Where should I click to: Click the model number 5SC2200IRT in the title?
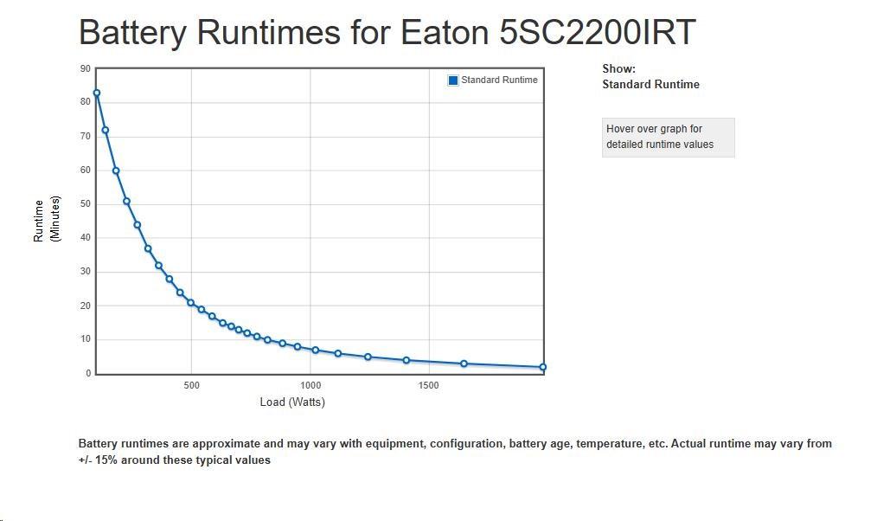pyautogui.click(x=597, y=32)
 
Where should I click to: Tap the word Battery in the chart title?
pyautogui.click(x=132, y=33)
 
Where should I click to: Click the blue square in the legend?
pyautogui.click(x=453, y=80)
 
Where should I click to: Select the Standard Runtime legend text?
pyautogui.click(x=499, y=80)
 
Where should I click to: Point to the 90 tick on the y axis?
pyautogui.click(x=85, y=68)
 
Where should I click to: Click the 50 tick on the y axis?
pyautogui.click(x=85, y=203)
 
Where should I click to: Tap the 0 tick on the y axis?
pyautogui.click(x=88, y=373)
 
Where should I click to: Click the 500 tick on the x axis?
pyautogui.click(x=192, y=385)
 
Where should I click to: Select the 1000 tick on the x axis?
pyautogui.click(x=311, y=385)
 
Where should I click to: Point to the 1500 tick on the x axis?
pyautogui.click(x=428, y=385)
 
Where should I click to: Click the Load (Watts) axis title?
pyautogui.click(x=292, y=402)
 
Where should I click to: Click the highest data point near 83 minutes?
pyautogui.click(x=97, y=93)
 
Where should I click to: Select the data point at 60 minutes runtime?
pyautogui.click(x=116, y=170)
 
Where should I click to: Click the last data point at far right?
pyautogui.click(x=542, y=367)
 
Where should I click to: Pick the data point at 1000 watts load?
pyautogui.click(x=316, y=350)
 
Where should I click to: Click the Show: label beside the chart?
pyautogui.click(x=618, y=68)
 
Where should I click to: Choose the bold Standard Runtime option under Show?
pyautogui.click(x=650, y=85)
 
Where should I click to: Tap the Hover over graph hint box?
pyautogui.click(x=668, y=138)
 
